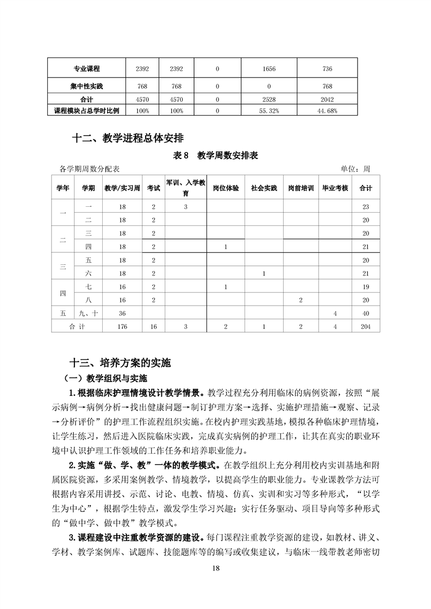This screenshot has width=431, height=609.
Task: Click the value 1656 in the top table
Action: click(x=266, y=69)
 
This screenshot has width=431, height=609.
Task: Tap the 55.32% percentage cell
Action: click(x=266, y=110)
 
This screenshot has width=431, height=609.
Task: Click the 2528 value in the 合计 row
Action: click(x=266, y=99)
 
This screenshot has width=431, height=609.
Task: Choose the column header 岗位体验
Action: click(x=226, y=188)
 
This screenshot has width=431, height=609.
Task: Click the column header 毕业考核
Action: click(x=335, y=188)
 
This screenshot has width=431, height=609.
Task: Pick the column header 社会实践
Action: click(x=264, y=188)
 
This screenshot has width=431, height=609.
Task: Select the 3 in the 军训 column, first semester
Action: click(x=185, y=207)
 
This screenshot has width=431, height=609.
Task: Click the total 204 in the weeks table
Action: click(x=365, y=326)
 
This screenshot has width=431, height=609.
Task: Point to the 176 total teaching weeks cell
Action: click(x=122, y=326)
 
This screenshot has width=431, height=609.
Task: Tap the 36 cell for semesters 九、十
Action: click(x=122, y=313)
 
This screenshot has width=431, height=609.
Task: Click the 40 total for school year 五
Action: click(x=365, y=313)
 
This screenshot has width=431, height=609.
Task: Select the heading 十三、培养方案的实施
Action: click(x=124, y=362)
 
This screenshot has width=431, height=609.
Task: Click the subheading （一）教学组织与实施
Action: click(x=106, y=378)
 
